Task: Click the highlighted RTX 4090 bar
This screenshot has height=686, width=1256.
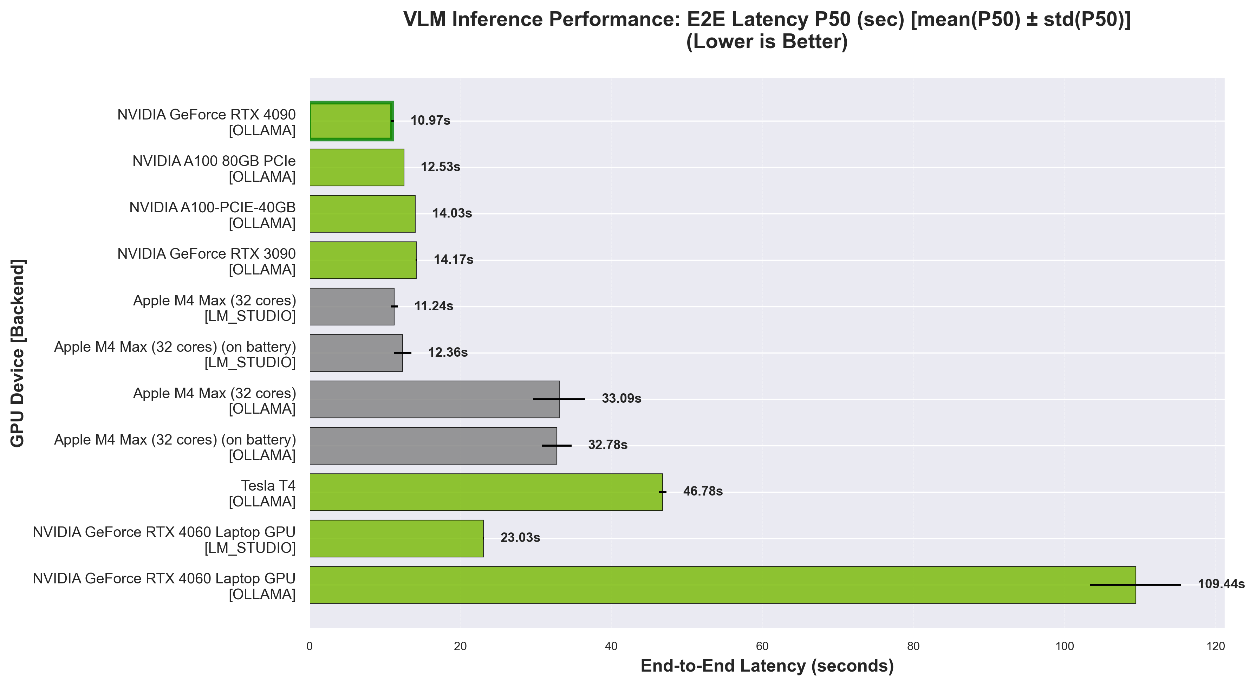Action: point(351,121)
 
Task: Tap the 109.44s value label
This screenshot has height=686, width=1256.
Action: point(1221,584)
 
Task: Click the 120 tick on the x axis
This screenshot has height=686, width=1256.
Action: point(1216,647)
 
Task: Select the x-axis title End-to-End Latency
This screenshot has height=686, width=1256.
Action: point(767,666)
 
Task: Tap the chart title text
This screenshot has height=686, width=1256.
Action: point(767,31)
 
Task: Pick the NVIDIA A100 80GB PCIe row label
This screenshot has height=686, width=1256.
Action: point(214,169)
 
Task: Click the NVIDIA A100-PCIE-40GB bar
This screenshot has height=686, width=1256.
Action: point(362,214)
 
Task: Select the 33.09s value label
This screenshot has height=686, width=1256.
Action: point(621,399)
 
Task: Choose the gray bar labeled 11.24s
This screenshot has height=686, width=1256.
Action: point(352,306)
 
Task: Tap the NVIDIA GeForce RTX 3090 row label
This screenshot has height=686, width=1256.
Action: point(206,261)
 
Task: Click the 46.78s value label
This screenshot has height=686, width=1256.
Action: point(703,491)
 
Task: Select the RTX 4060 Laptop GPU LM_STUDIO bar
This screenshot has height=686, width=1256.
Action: point(396,538)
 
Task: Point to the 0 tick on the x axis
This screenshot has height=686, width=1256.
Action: point(310,647)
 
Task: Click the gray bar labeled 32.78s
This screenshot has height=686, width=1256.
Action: point(433,446)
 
